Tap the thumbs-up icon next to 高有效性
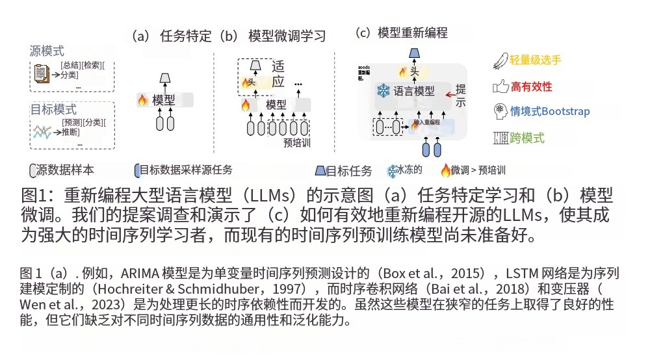click(500, 86)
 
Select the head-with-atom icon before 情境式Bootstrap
click(500, 110)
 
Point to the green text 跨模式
click(528, 138)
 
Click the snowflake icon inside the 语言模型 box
click(383, 91)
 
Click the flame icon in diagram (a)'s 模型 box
click(142, 100)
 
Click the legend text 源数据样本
click(65, 170)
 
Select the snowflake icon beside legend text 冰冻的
click(393, 172)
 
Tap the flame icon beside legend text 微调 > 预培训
click(445, 171)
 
